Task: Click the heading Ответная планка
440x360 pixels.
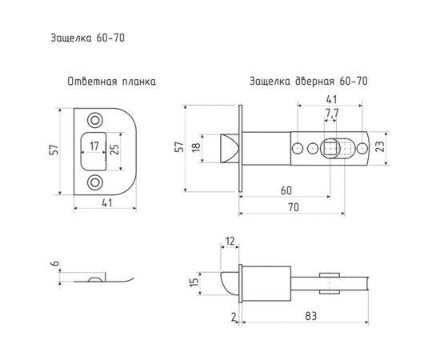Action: (x=111, y=82)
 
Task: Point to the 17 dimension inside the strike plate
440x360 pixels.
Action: (x=95, y=146)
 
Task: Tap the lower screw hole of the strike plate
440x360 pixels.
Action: (x=96, y=180)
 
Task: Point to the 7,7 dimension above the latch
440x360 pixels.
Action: (x=330, y=114)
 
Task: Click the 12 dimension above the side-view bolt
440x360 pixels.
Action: (x=230, y=241)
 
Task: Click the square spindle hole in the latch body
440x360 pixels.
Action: (x=330, y=148)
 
